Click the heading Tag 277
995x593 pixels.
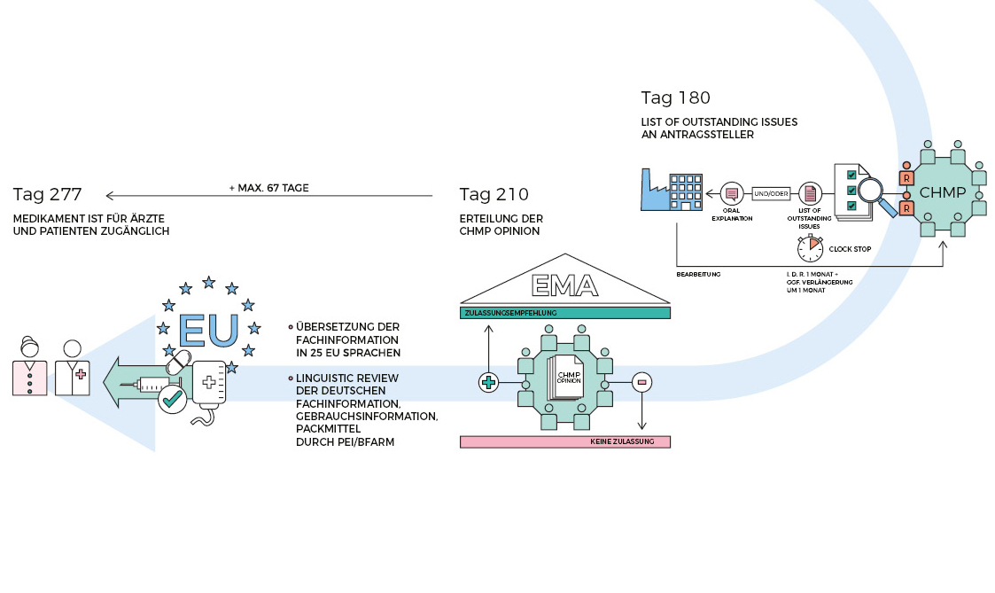point(48,194)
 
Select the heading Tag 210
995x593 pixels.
point(494,194)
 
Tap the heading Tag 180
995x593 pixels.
point(675,98)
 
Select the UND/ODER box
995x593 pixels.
point(769,191)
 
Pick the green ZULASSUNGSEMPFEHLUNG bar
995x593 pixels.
point(565,313)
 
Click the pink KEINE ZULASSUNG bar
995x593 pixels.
point(565,441)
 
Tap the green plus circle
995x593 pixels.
point(487,382)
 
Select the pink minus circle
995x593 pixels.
point(642,382)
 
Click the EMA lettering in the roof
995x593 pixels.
point(564,285)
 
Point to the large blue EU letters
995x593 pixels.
point(208,329)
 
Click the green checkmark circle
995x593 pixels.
point(172,400)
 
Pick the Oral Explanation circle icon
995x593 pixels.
point(732,191)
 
